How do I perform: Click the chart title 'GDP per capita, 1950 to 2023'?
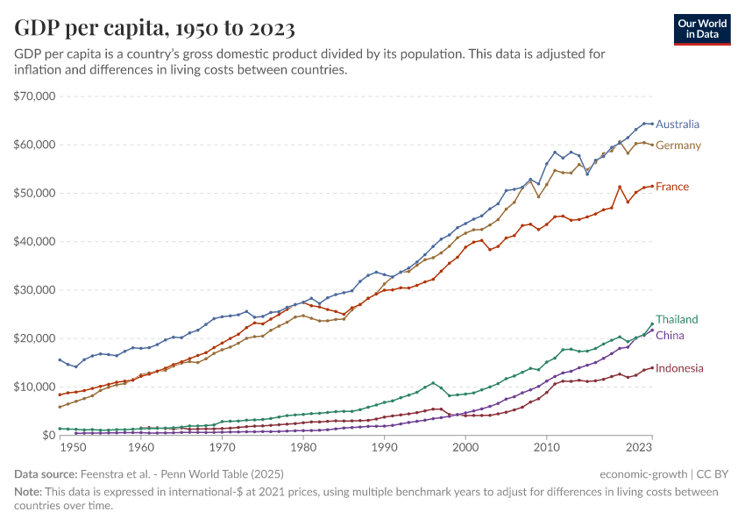coord(154,28)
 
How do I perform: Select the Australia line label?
coord(677,124)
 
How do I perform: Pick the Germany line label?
coord(678,146)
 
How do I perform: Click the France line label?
coord(671,187)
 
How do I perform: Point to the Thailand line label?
coord(677,319)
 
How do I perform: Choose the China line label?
coord(670,336)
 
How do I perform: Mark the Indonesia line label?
coord(679,368)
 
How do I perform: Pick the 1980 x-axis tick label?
coord(304,448)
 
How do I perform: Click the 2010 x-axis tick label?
coord(548,448)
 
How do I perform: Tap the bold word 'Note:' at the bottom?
coord(29,492)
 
